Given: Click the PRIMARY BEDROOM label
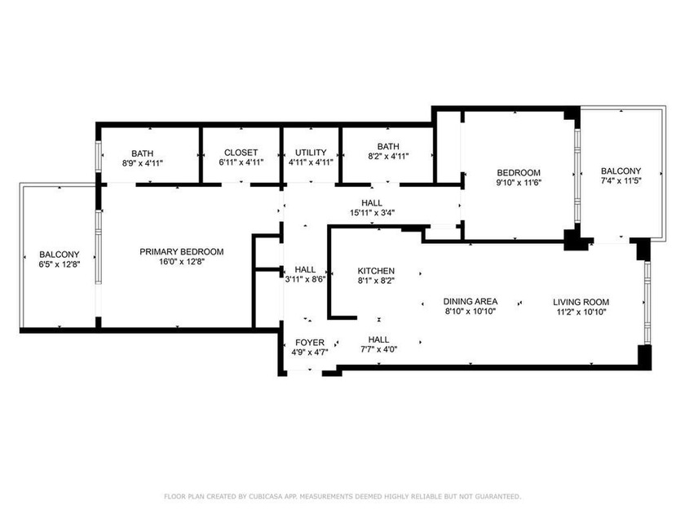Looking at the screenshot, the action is pyautogui.click(x=181, y=252).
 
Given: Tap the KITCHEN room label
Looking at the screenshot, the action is pyautogui.click(x=376, y=271).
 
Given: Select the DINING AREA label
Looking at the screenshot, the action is pyautogui.click(x=470, y=302).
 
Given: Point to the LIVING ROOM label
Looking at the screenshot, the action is pyautogui.click(x=581, y=302).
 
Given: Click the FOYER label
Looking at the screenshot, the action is pyautogui.click(x=310, y=343).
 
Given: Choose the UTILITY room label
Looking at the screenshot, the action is pyautogui.click(x=311, y=153).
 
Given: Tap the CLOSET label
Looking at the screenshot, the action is pyautogui.click(x=241, y=153).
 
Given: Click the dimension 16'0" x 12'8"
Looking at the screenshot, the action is pyautogui.click(x=182, y=262).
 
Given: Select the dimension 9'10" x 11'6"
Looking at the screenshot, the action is pyautogui.click(x=519, y=182).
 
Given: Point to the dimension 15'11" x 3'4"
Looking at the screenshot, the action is pyautogui.click(x=372, y=213).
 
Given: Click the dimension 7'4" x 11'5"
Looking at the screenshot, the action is pyautogui.click(x=621, y=180).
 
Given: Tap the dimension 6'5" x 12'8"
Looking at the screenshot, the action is pyautogui.click(x=60, y=264).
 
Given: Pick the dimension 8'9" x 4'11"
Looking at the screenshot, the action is pyautogui.click(x=143, y=163).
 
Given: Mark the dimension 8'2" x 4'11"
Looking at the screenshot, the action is pyautogui.click(x=388, y=156).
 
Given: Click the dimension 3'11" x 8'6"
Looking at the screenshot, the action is pyautogui.click(x=305, y=280).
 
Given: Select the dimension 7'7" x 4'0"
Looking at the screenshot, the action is pyautogui.click(x=378, y=349).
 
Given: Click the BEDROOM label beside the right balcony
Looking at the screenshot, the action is pyautogui.click(x=519, y=173).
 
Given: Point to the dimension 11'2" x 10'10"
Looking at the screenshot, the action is pyautogui.click(x=581, y=312).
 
